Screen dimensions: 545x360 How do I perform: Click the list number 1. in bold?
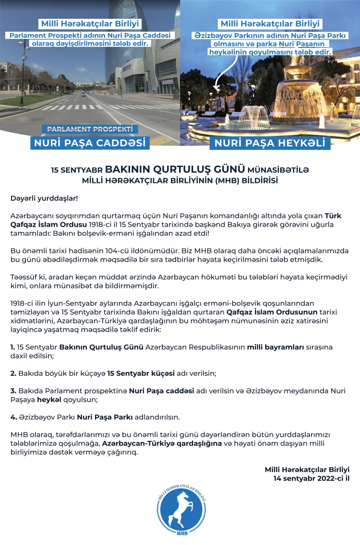point(12,346)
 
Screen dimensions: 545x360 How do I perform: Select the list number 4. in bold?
point(13,417)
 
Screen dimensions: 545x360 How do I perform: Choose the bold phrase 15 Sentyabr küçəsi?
point(135,373)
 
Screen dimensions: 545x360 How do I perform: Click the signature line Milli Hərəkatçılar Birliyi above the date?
point(307,469)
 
